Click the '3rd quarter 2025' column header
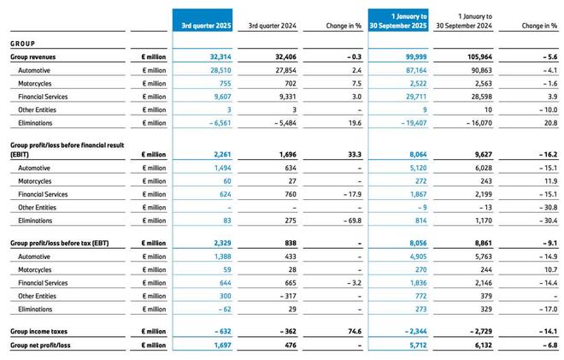pos(206,26)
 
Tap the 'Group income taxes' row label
pos(39,330)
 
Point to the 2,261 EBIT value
pos(219,156)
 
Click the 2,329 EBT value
pos(219,243)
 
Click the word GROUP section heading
pos(22,43)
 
